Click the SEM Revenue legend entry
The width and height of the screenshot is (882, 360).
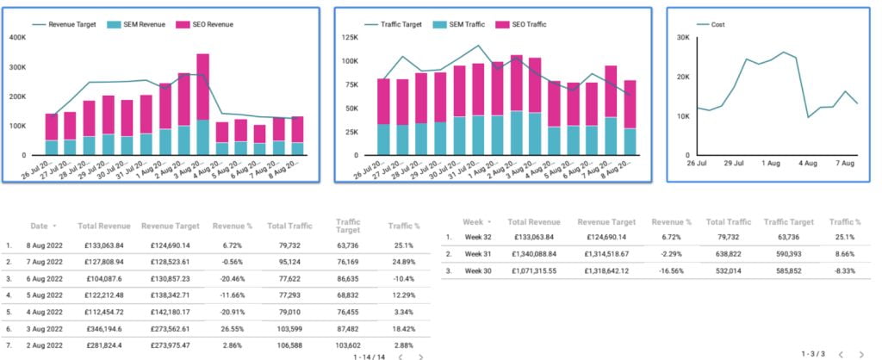[x=138, y=23]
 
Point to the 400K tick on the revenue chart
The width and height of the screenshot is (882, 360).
[x=17, y=38]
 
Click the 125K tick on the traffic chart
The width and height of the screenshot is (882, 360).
[x=350, y=38]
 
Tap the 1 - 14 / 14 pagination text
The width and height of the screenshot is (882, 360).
[x=368, y=355]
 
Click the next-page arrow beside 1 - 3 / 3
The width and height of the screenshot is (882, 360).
[x=860, y=355]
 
